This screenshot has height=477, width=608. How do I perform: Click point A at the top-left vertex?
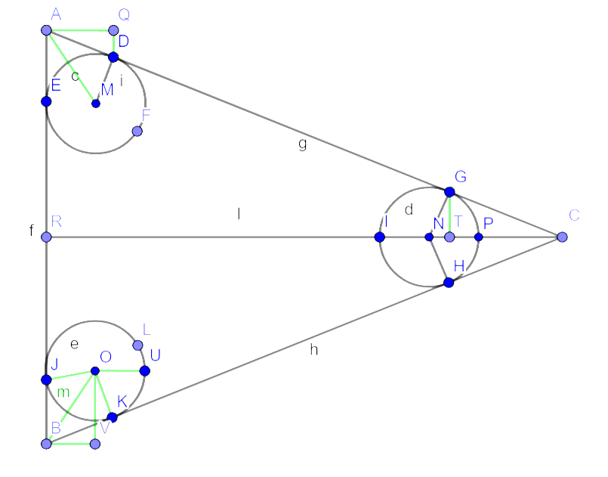46,30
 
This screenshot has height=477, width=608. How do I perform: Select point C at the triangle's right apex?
562,237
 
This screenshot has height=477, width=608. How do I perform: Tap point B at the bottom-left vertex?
46,444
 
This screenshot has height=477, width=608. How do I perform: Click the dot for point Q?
113,30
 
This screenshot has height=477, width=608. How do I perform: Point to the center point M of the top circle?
95,103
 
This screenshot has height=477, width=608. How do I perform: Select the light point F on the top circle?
137,131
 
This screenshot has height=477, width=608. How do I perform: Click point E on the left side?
46,101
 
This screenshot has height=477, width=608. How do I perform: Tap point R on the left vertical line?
46,237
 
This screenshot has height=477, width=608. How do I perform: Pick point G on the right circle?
449,192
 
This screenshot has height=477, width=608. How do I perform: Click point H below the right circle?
449,283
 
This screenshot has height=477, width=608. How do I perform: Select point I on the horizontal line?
379,237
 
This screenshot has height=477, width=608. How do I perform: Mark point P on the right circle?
478,237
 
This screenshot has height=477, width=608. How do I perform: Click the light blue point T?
449,237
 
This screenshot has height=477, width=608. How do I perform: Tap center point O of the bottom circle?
95,370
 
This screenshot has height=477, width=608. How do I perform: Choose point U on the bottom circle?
144,370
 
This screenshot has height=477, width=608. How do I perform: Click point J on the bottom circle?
46,379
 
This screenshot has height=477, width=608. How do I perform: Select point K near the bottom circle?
113,417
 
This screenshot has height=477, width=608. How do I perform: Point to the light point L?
137,345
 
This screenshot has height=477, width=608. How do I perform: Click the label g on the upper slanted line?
302,144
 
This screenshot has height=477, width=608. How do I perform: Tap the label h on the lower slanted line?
313,349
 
